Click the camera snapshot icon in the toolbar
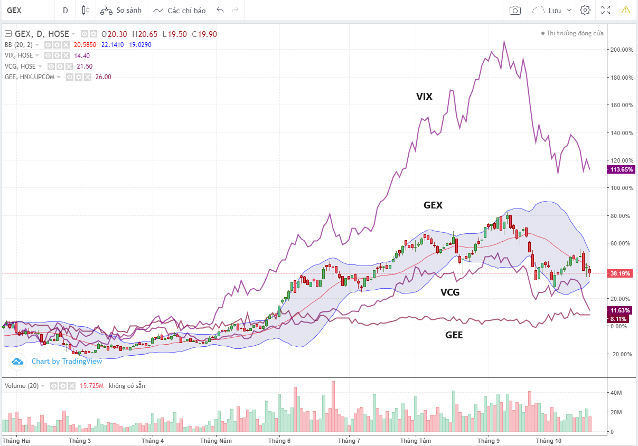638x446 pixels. point(515,10)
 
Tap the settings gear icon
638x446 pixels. point(585,10)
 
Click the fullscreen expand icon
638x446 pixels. point(606,10)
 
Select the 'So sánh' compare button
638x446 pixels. point(121,10)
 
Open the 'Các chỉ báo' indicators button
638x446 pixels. point(180,10)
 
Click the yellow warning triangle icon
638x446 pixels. point(626,10)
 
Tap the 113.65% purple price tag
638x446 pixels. point(621,169)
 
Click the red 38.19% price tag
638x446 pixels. point(621,273)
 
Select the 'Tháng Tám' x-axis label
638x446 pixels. point(416,440)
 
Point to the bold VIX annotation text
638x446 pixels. point(424,96)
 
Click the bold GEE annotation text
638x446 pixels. point(454,335)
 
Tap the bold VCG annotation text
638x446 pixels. point(450,291)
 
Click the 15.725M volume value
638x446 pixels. point(92,386)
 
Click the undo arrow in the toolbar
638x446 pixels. point(220,10)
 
